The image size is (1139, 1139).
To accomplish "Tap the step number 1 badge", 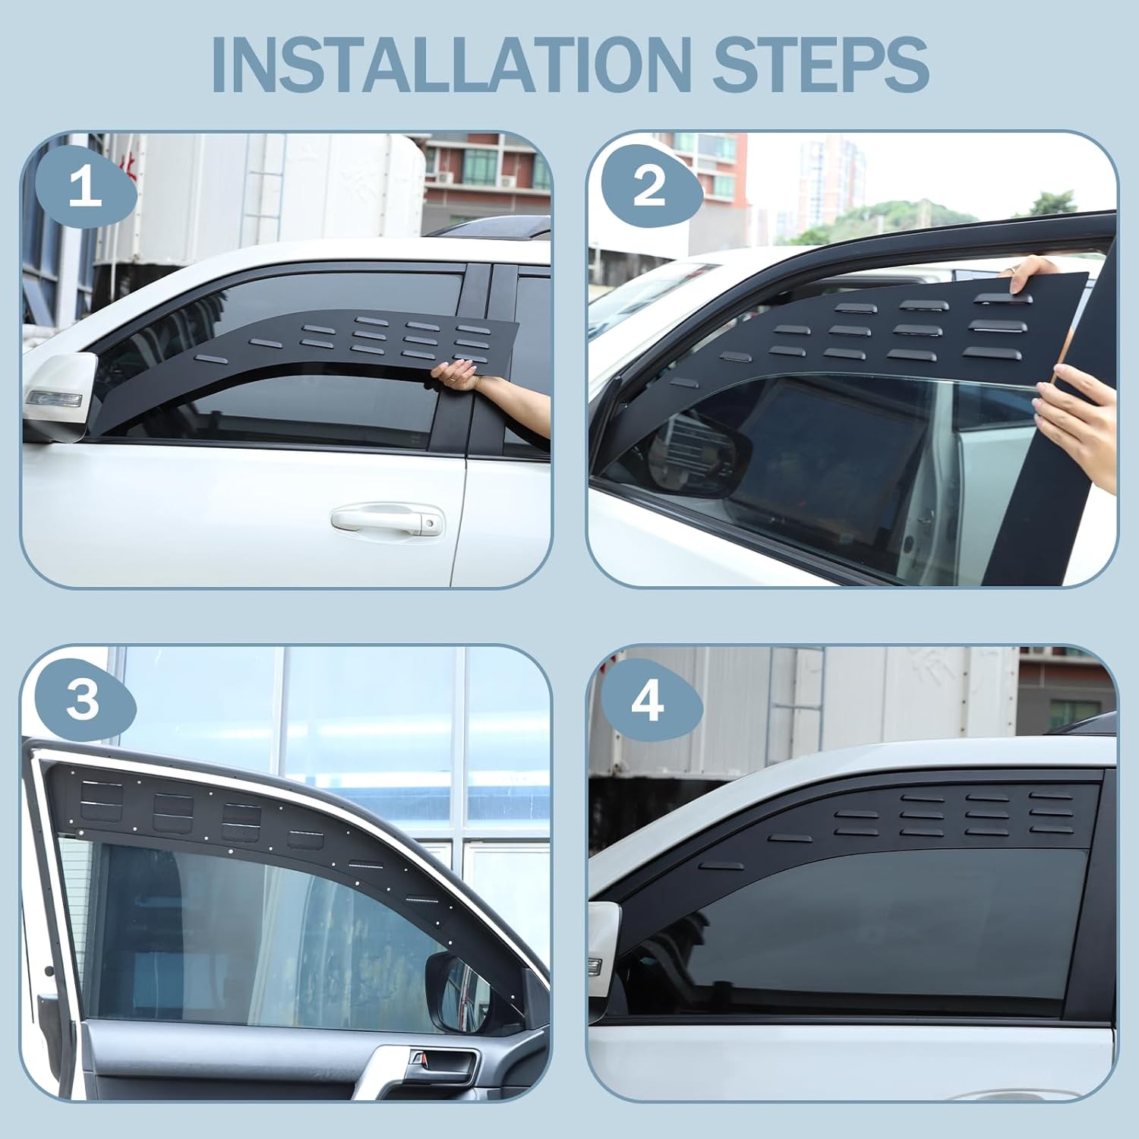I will point(85,188).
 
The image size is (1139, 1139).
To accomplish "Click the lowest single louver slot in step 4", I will point(721,866).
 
